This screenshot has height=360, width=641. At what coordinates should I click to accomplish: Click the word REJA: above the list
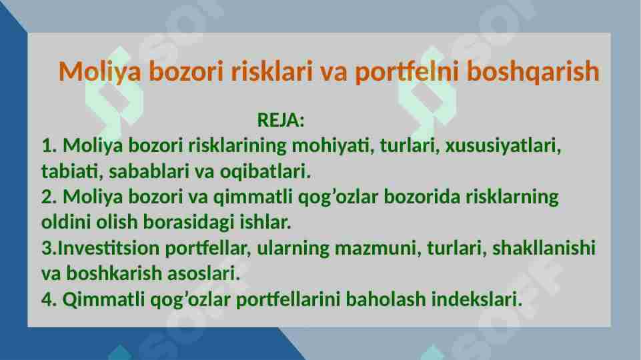tap(281, 121)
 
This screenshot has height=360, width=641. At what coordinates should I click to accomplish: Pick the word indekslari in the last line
tap(476, 300)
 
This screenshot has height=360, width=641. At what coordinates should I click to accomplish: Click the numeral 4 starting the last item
tap(46, 300)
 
